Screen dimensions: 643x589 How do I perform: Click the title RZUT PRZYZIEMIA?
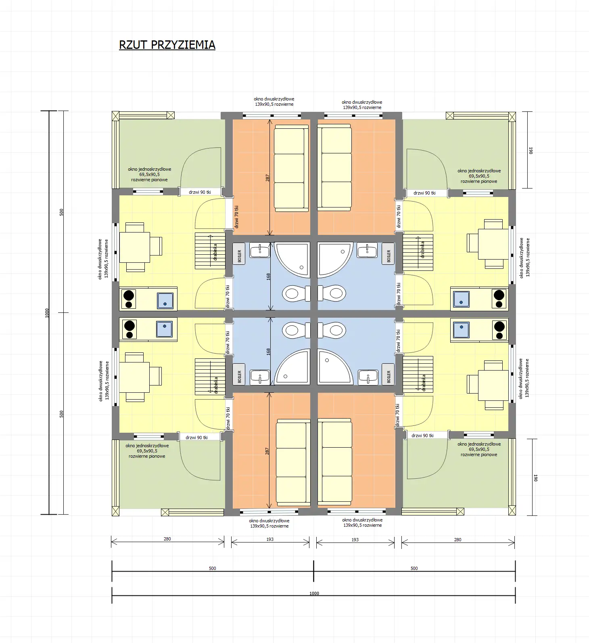pos(167,45)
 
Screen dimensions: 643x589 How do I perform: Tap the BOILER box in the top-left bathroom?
pos(239,254)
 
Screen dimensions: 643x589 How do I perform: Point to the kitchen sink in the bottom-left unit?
pos(164,329)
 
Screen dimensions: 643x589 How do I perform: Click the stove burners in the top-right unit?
pos(499,299)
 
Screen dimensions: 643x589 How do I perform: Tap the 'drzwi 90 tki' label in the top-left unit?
pos(200,192)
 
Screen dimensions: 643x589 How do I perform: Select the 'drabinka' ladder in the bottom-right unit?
pos(418,374)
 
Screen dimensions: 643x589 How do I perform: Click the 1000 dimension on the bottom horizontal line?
pos(314,593)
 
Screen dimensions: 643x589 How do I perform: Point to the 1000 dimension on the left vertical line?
pos(47,313)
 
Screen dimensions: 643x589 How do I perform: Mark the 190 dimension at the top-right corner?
pos(531,150)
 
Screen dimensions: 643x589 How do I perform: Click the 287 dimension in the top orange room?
pos(267,178)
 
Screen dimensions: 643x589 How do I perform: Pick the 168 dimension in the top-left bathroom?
pos(268,277)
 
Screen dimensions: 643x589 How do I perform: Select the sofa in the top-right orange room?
pos(334,167)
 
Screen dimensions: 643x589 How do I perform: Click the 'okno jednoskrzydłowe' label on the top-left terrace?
pos(149,174)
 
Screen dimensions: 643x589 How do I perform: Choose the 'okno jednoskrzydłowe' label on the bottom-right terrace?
pos(479,449)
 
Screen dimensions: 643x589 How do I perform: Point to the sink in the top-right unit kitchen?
pos(461,299)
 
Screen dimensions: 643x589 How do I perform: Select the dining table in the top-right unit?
pos(493,244)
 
